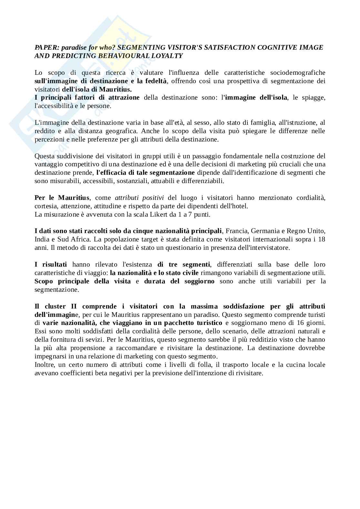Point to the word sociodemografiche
pos(298,73)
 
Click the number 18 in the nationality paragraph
pos(321,240)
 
